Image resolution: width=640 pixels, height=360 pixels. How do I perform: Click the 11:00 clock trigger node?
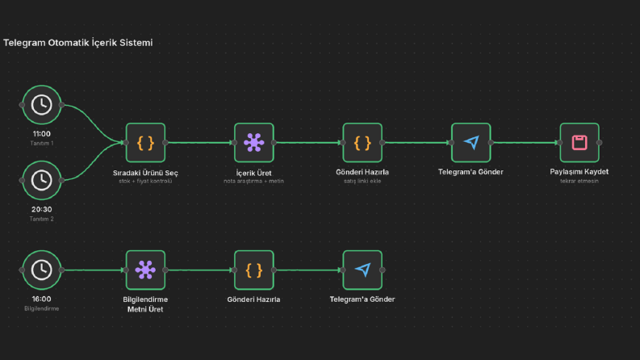pos(42,105)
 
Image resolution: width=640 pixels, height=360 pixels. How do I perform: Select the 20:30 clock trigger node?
pos(42,181)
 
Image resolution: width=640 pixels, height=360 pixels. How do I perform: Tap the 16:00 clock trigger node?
pos(42,270)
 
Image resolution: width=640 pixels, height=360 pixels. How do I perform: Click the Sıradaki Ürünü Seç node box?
pos(146,142)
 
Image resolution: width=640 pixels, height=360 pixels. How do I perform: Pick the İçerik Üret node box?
pos(254,142)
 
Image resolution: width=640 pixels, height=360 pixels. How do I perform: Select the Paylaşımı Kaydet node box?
pos(579,142)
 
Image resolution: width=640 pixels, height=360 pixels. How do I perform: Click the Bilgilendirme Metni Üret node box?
pos(146,270)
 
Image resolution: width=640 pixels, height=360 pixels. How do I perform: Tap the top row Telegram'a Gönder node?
pos(471,142)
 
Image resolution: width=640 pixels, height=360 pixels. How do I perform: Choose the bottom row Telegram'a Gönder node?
pos(362,270)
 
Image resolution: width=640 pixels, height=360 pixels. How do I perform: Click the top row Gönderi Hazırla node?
pos(362,142)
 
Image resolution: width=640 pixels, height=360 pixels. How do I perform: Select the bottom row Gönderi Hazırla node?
pos(254,270)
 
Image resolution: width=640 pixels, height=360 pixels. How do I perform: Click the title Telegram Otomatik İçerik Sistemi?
pos(78,43)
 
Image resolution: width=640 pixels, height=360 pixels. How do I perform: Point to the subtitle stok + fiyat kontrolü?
pos(145,182)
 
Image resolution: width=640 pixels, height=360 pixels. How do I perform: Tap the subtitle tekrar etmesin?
pos(579,182)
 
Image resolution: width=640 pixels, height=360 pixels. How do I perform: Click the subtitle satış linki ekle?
pos(362,182)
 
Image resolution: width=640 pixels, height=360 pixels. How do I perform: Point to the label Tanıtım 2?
pos(42,219)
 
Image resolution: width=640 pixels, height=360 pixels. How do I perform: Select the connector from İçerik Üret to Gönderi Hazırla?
pos(308,142)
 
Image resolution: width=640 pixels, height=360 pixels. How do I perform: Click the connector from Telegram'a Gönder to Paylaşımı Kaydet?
pos(525,142)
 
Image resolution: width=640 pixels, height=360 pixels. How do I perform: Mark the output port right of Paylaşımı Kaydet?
pos(600,142)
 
